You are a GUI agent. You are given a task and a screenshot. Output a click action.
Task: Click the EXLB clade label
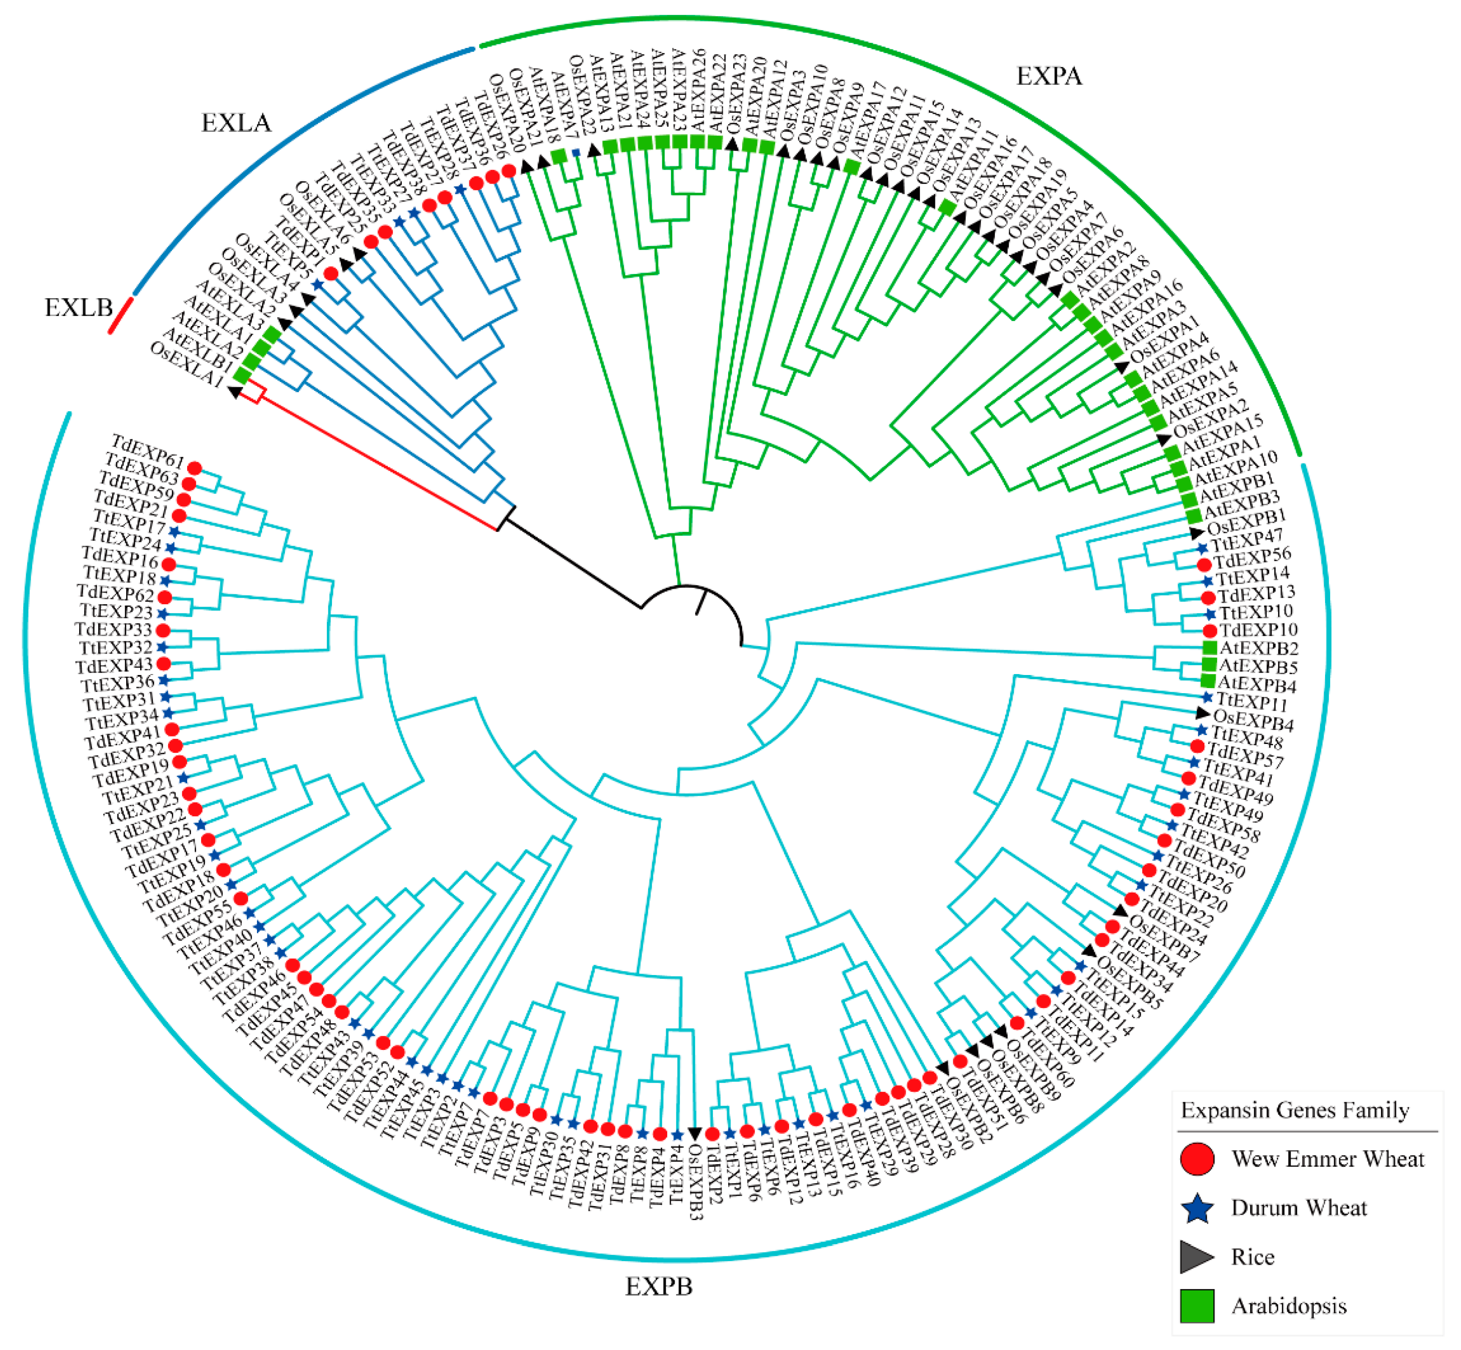click(78, 307)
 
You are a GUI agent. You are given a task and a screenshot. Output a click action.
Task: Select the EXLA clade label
click(236, 123)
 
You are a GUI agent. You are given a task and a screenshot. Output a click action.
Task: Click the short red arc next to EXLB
click(121, 315)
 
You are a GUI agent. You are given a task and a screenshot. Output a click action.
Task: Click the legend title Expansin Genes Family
click(1294, 1111)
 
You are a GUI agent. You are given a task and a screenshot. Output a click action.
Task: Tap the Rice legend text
click(1253, 1256)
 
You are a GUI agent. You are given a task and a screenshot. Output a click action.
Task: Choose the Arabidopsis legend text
click(1289, 1305)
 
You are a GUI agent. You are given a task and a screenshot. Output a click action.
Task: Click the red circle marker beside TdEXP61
click(194, 468)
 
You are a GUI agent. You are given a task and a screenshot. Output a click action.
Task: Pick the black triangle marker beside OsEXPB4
click(1202, 712)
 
